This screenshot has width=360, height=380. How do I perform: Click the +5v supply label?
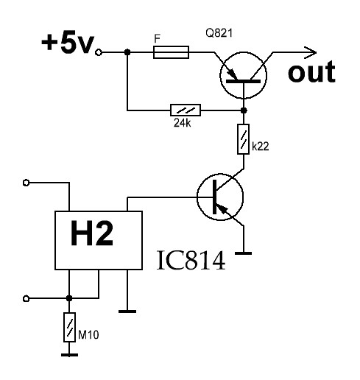68,43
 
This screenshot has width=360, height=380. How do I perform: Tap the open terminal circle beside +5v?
99,52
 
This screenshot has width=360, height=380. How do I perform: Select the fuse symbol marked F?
171,52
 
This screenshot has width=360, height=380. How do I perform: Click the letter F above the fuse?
157,39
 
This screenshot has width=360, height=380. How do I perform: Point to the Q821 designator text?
219,33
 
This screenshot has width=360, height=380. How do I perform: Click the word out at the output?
311,71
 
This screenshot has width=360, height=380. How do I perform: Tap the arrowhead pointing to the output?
311,52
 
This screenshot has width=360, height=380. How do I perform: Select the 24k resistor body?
186,110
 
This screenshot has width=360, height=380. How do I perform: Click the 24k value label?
182,123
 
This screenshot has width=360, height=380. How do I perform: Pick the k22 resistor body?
244,139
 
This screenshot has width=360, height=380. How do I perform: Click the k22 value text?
261,147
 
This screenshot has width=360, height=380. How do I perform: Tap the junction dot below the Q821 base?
244,110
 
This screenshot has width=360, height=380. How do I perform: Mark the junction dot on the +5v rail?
127,52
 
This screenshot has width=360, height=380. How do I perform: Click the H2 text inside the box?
92,233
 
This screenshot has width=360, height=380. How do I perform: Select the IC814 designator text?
191,260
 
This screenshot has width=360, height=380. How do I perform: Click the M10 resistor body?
69,327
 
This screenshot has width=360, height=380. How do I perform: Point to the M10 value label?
88,335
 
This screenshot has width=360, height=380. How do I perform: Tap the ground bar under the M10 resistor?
69,355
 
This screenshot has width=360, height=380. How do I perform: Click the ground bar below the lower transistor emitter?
244,253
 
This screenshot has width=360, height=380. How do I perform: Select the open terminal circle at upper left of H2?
26,183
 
